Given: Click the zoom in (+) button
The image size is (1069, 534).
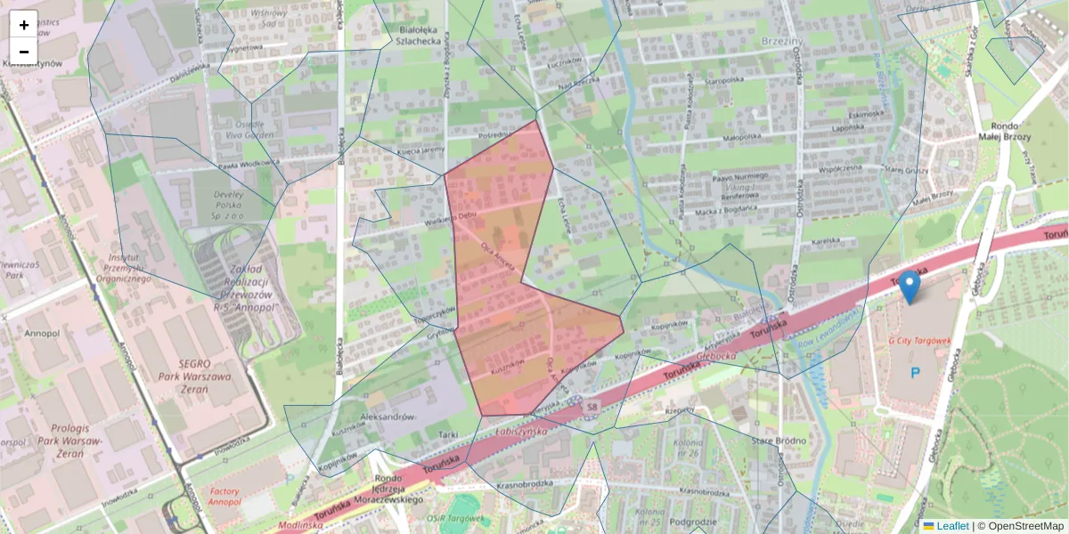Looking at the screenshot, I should click(x=24, y=25).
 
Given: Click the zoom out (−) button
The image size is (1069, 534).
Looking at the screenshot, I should click(x=24, y=52).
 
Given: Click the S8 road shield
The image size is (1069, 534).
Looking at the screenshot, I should click(x=592, y=407).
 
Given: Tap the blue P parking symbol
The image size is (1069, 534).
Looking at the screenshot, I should click(x=913, y=372).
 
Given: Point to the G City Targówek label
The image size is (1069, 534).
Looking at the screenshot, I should click(x=919, y=341).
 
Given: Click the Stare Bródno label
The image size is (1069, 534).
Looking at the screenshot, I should click(x=778, y=441).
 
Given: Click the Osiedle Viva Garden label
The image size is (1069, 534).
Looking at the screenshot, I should click(x=242, y=130).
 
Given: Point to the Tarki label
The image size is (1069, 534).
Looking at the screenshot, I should click(x=448, y=434).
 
